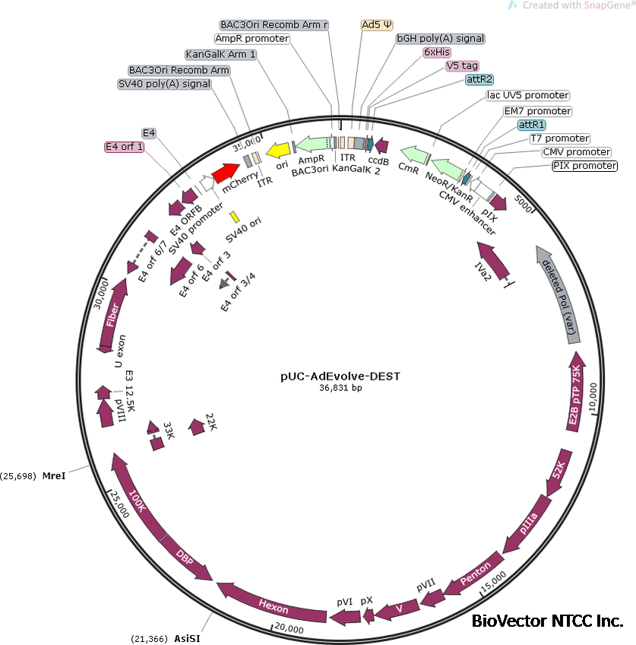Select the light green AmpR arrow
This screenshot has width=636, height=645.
pos(312,142)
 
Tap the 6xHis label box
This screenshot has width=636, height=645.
pos(437,52)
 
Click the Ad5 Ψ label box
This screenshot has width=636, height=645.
pos(376,24)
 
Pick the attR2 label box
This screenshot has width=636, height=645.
pos(480,79)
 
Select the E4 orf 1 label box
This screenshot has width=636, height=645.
pos(124,146)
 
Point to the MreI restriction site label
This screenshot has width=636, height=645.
pos(54,476)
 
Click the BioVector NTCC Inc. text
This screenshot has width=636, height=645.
pos(547,621)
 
